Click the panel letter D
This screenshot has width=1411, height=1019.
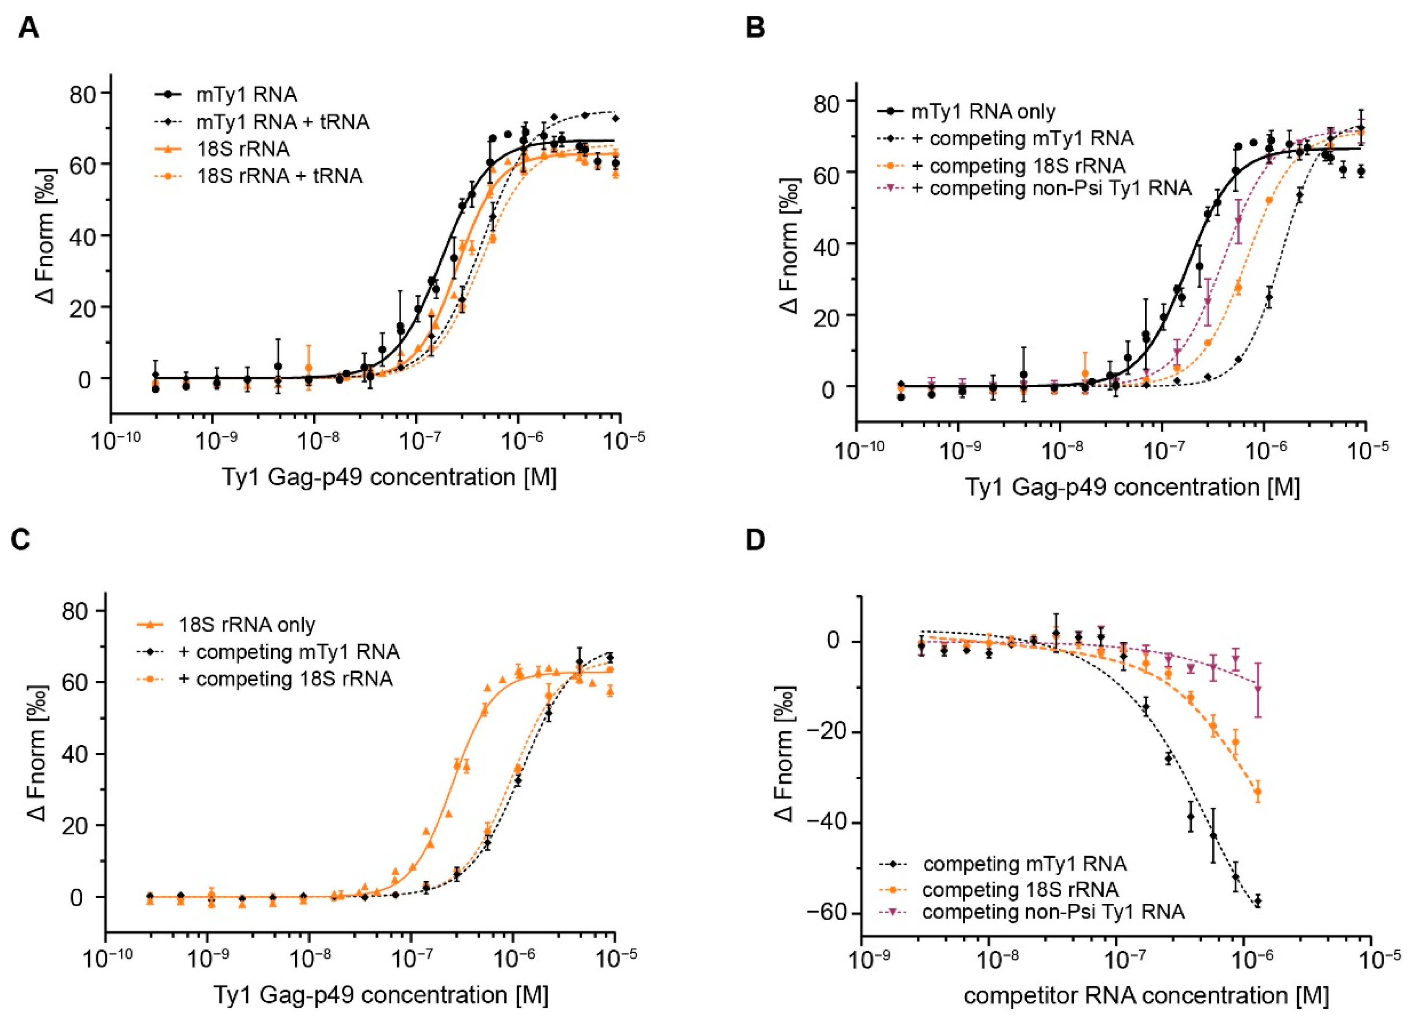coord(756,541)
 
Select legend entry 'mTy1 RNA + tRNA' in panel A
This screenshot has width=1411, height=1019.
coord(283,122)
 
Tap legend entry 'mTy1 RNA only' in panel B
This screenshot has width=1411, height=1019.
coord(983,111)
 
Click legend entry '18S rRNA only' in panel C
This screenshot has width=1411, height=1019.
coord(247,624)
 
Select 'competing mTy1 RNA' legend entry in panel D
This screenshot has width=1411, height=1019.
coord(1025,863)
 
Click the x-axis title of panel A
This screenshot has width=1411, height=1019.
coord(389,477)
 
